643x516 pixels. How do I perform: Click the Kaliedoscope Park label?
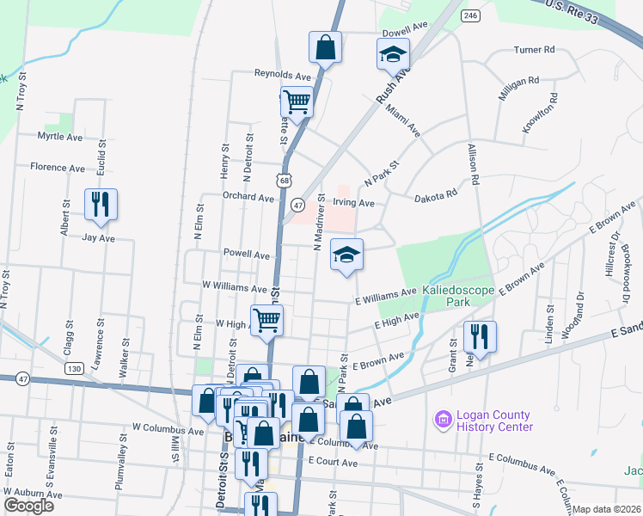459,297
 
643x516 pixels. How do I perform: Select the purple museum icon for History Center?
443,419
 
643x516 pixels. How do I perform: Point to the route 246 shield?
470,15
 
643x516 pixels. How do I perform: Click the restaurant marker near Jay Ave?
101,204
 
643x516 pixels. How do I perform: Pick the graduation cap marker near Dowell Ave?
392,54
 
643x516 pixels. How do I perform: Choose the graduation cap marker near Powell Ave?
346,254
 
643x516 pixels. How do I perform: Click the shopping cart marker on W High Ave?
267,320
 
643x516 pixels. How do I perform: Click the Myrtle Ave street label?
59,137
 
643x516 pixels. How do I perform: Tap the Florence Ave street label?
58,167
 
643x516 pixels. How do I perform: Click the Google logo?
28,506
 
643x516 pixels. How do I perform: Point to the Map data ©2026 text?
607,509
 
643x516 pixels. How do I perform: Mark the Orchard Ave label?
248,196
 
